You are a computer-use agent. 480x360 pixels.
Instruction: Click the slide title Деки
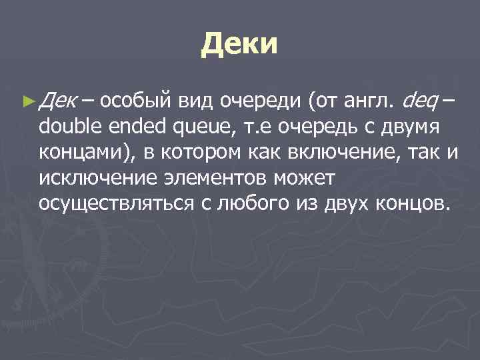pyautogui.click(x=238, y=45)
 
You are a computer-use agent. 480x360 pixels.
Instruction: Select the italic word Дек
pyautogui.click(x=58, y=101)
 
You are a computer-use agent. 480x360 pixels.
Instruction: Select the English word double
pyautogui.click(x=68, y=126)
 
